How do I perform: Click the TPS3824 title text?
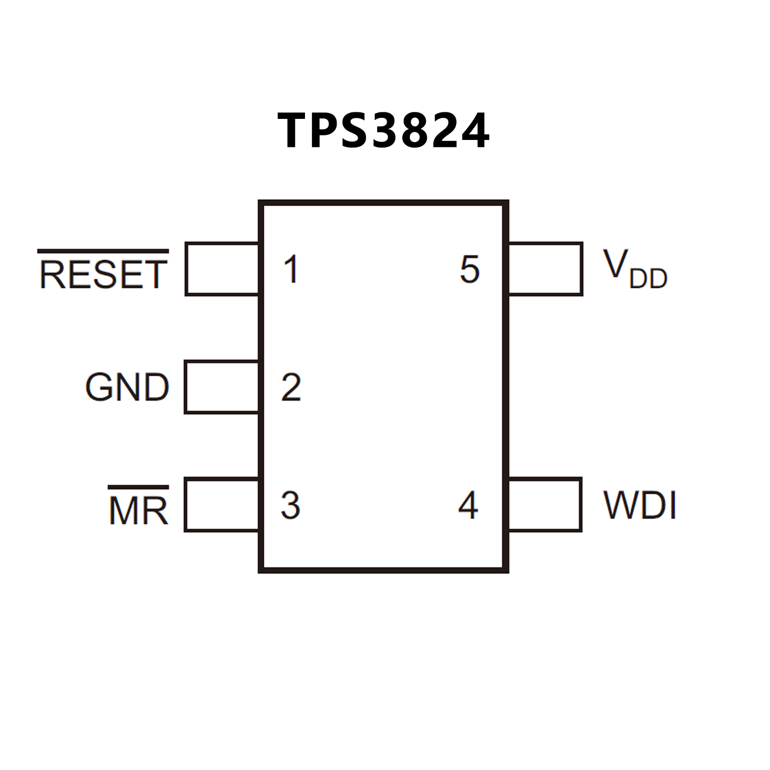pyautogui.click(x=384, y=130)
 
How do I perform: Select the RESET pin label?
pyautogui.click(x=103, y=274)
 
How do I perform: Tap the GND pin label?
pyautogui.click(x=127, y=387)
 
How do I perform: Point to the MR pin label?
pyautogui.click(x=138, y=511)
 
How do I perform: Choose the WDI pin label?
pyautogui.click(x=640, y=505)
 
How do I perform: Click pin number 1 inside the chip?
pyautogui.click(x=291, y=269)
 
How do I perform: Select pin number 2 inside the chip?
pyautogui.click(x=291, y=387)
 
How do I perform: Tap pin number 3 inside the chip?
pyautogui.click(x=290, y=505)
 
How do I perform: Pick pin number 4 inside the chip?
pyautogui.click(x=468, y=505)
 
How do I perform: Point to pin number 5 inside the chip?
pyautogui.click(x=470, y=269)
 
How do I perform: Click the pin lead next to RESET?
pyautogui.click(x=222, y=269)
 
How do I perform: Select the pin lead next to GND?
pyautogui.click(x=222, y=387)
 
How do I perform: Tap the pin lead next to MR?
pyautogui.click(x=222, y=505)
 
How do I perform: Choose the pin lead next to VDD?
pyautogui.click(x=545, y=269)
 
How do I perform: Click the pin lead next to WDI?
pyautogui.click(x=545, y=505)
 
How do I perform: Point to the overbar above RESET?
pyautogui.click(x=103, y=251)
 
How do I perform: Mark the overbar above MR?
pyautogui.click(x=138, y=487)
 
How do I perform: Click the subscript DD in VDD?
pyautogui.click(x=649, y=279)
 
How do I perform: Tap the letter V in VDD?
pyautogui.click(x=615, y=264)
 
